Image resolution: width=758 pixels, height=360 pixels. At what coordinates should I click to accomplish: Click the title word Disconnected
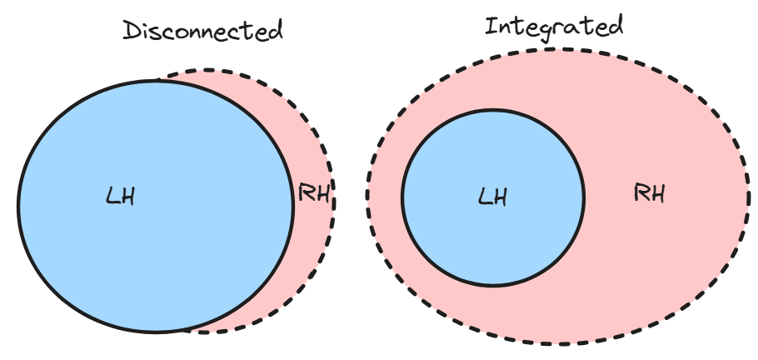[x=202, y=32]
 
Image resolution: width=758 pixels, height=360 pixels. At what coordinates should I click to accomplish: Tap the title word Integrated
[x=554, y=27]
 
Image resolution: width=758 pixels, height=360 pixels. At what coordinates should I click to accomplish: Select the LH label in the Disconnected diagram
[x=121, y=197]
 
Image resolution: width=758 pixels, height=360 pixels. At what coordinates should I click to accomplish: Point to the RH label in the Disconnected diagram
[x=314, y=196]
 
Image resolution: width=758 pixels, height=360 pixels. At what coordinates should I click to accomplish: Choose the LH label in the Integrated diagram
[x=492, y=197]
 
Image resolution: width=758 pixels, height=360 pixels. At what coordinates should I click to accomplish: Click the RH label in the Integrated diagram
[x=650, y=194]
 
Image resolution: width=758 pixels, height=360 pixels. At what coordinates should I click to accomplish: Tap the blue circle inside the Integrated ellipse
[x=492, y=242]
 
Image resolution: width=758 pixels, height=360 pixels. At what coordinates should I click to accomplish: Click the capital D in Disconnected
[x=132, y=32]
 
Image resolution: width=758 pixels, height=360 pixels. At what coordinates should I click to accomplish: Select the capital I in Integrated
[x=491, y=27]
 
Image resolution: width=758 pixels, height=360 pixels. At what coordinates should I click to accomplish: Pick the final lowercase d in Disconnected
[x=274, y=31]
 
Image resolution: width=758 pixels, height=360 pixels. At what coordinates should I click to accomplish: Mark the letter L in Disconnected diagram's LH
[x=112, y=197]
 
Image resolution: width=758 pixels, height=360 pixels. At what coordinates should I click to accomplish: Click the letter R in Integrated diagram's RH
[x=641, y=194]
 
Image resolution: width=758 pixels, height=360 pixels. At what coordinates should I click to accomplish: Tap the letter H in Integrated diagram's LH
[x=500, y=197]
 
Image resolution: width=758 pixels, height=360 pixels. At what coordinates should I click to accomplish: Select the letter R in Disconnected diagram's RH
[x=307, y=196]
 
